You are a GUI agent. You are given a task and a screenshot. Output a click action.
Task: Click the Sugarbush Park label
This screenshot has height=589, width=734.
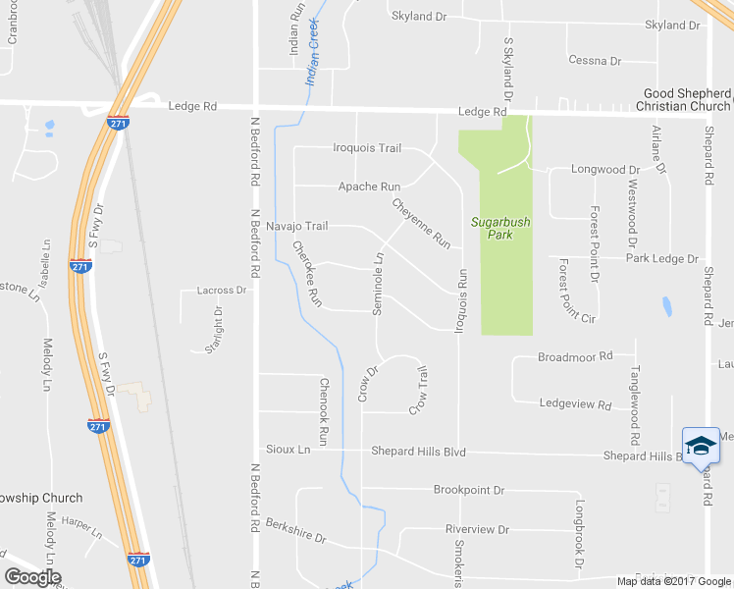pyautogui.click(x=499, y=229)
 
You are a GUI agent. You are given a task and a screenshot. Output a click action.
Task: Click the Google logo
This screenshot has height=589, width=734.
pyautogui.click(x=32, y=576)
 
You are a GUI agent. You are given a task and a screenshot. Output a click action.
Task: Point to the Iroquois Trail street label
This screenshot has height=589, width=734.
pyautogui.click(x=367, y=148)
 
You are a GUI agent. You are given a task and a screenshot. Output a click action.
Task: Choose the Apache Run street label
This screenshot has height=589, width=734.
pyautogui.click(x=369, y=187)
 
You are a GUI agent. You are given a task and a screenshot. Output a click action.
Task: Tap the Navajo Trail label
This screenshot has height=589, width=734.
pyautogui.click(x=296, y=226)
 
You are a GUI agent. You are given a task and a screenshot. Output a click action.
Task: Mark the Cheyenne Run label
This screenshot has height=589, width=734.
pyautogui.click(x=421, y=223)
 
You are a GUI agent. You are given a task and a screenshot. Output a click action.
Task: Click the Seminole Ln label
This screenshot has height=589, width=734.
pyautogui.click(x=378, y=283)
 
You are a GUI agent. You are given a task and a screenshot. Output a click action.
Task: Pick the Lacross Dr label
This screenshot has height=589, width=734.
pyautogui.click(x=221, y=291)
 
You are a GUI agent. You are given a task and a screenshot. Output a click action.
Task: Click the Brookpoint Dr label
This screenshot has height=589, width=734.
pyautogui.click(x=468, y=489)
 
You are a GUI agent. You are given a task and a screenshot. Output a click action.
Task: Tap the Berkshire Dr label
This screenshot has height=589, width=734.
pyautogui.click(x=294, y=532)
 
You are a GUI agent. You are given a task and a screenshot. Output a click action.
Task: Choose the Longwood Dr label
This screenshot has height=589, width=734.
pyautogui.click(x=604, y=170)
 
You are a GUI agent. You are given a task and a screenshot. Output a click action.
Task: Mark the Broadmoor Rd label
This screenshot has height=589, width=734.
pyautogui.click(x=574, y=356)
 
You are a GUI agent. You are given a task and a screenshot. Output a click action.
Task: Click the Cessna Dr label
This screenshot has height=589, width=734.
pyautogui.click(x=595, y=61)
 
